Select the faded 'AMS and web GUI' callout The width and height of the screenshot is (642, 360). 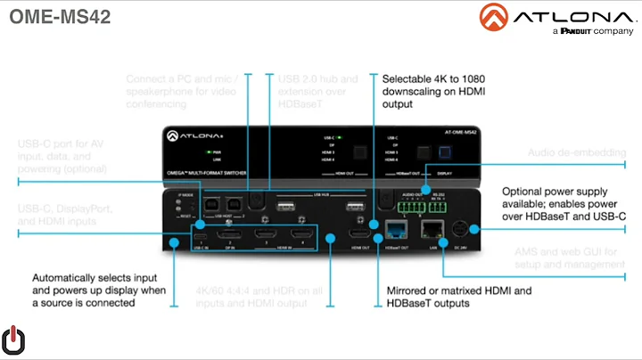coord(562,259)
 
